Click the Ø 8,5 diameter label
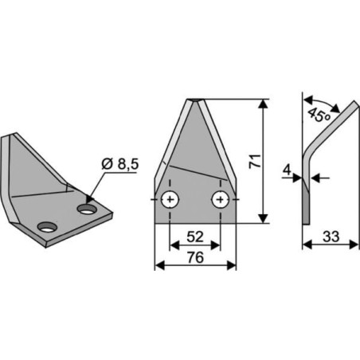tap(120, 164)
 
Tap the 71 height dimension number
tap(255, 161)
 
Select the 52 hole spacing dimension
tap(195, 237)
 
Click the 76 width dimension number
tap(195, 257)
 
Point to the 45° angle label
tap(319, 115)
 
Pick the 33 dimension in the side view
tap(331, 237)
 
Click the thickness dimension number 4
tap(287, 170)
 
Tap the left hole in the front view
tap(170, 199)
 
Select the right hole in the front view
tap(221, 199)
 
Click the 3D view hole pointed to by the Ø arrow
tap(87, 209)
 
